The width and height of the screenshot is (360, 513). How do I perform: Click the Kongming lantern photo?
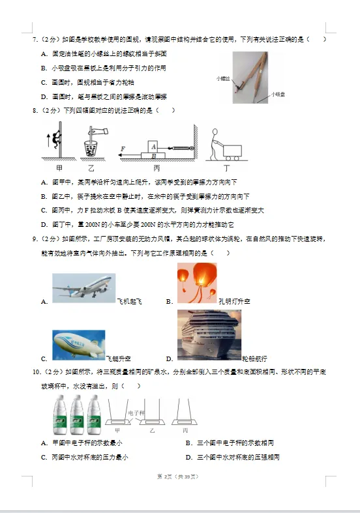coord(197,284)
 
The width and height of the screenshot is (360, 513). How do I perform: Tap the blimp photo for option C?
coord(78,345)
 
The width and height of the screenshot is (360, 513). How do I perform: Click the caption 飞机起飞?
coord(129,301)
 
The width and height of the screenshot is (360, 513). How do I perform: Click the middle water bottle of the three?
coord(77,417)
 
